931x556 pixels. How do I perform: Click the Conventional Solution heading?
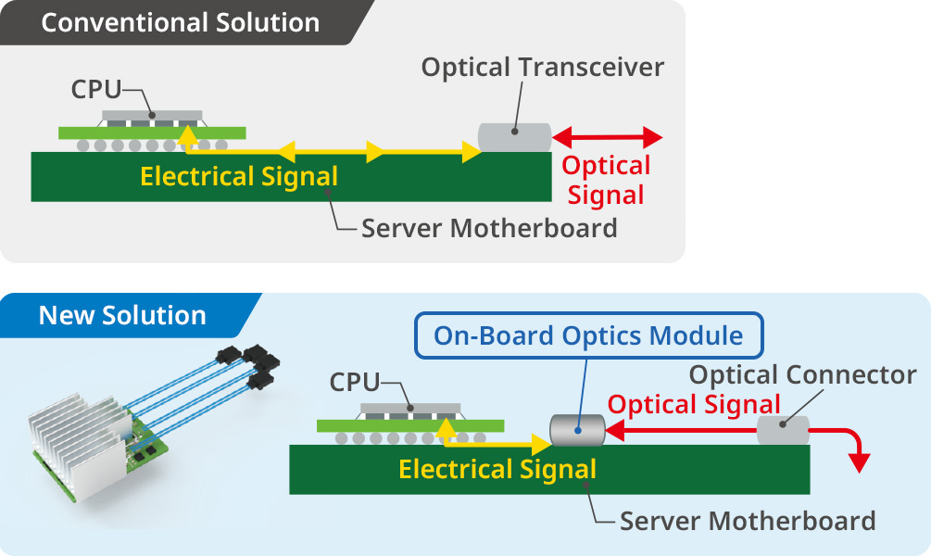tap(180, 22)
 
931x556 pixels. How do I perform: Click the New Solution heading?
tap(122, 315)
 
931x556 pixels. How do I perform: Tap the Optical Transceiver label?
tap(543, 68)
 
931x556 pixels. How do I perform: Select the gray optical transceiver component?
tap(514, 137)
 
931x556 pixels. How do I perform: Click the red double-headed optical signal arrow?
tap(608, 138)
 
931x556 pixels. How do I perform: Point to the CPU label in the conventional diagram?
tap(96, 90)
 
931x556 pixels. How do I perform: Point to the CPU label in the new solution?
tap(356, 381)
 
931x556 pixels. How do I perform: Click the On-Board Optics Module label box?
tap(588, 335)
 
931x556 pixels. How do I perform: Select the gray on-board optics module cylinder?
tap(576, 430)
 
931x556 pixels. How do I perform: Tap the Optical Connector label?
tap(803, 375)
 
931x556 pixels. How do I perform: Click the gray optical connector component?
tap(783, 430)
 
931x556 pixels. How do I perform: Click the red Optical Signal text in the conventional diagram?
tap(607, 180)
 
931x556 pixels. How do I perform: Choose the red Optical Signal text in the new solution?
tap(694, 405)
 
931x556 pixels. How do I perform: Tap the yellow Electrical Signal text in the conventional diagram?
tap(239, 176)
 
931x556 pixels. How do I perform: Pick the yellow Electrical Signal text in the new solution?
tap(497, 469)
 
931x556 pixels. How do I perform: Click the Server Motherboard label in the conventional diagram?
tap(489, 228)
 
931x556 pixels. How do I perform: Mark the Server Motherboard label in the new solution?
tap(748, 521)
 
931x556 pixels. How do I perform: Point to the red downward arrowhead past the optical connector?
tap(861, 461)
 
